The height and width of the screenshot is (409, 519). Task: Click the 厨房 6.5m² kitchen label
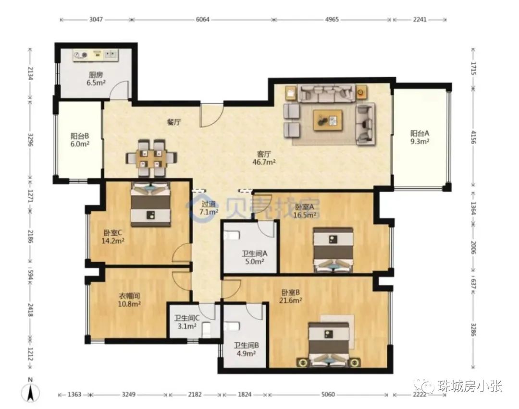[x=96, y=79]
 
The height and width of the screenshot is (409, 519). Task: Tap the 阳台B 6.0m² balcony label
[x=80, y=140]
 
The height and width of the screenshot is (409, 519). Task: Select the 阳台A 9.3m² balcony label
[x=420, y=137]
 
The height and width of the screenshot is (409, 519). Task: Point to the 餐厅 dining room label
[x=174, y=122]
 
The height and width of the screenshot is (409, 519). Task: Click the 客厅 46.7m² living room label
[x=264, y=158]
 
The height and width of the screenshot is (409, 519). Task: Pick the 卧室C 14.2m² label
[x=112, y=237]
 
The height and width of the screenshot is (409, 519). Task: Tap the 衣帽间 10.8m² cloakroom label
[x=129, y=300]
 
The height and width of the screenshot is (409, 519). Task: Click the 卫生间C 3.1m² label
[x=187, y=322]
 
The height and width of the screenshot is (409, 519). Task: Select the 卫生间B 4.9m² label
[x=246, y=349]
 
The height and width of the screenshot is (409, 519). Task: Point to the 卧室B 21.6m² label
[x=291, y=296]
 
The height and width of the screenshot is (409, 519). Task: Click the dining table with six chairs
[x=151, y=159]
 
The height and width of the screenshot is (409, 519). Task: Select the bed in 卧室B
[x=329, y=344]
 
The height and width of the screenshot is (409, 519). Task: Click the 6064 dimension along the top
[x=203, y=20]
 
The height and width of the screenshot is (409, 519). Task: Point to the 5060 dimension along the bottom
[x=328, y=395]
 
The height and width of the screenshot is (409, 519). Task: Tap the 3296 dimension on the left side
[x=30, y=140]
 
